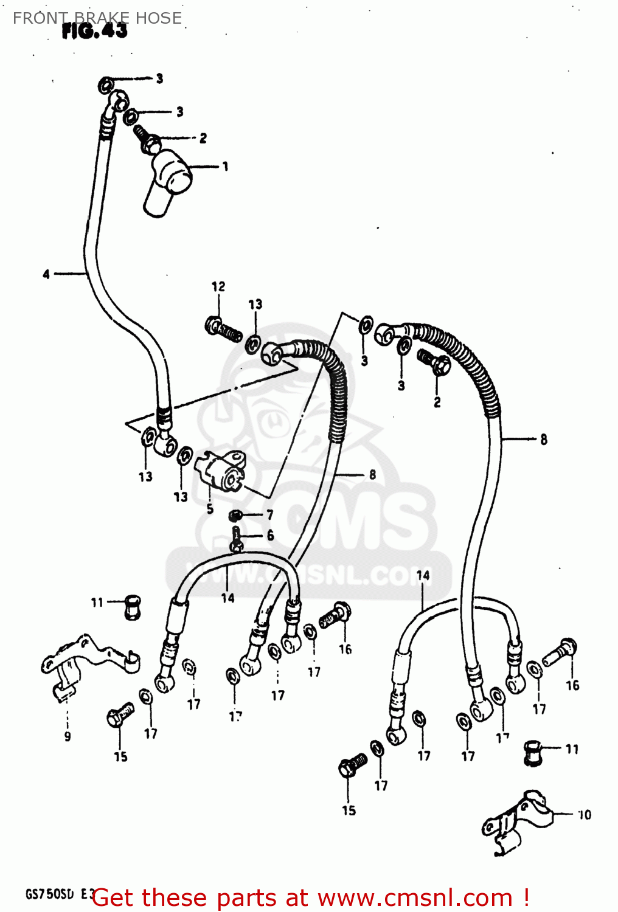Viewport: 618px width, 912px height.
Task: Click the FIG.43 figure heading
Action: pos(94,31)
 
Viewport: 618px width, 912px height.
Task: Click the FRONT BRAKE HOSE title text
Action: pos(97,18)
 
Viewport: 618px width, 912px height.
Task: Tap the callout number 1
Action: pos(225,166)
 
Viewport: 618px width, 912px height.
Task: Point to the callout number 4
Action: pos(46,274)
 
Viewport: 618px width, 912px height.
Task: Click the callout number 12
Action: pos(218,286)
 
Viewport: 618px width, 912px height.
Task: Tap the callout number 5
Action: pos(210,509)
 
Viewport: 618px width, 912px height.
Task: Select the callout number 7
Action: pos(269,515)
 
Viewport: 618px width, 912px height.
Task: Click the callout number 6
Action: pos(270,535)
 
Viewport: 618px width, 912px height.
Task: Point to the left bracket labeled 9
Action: pos(85,663)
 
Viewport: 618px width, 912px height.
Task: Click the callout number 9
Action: pos(68,736)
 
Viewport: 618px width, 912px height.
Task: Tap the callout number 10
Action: pos(584,815)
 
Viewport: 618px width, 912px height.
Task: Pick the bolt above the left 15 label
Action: pos(119,715)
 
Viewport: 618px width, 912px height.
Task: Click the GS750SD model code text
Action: pos(50,894)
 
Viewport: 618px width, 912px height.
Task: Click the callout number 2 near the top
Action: pos(203,139)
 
